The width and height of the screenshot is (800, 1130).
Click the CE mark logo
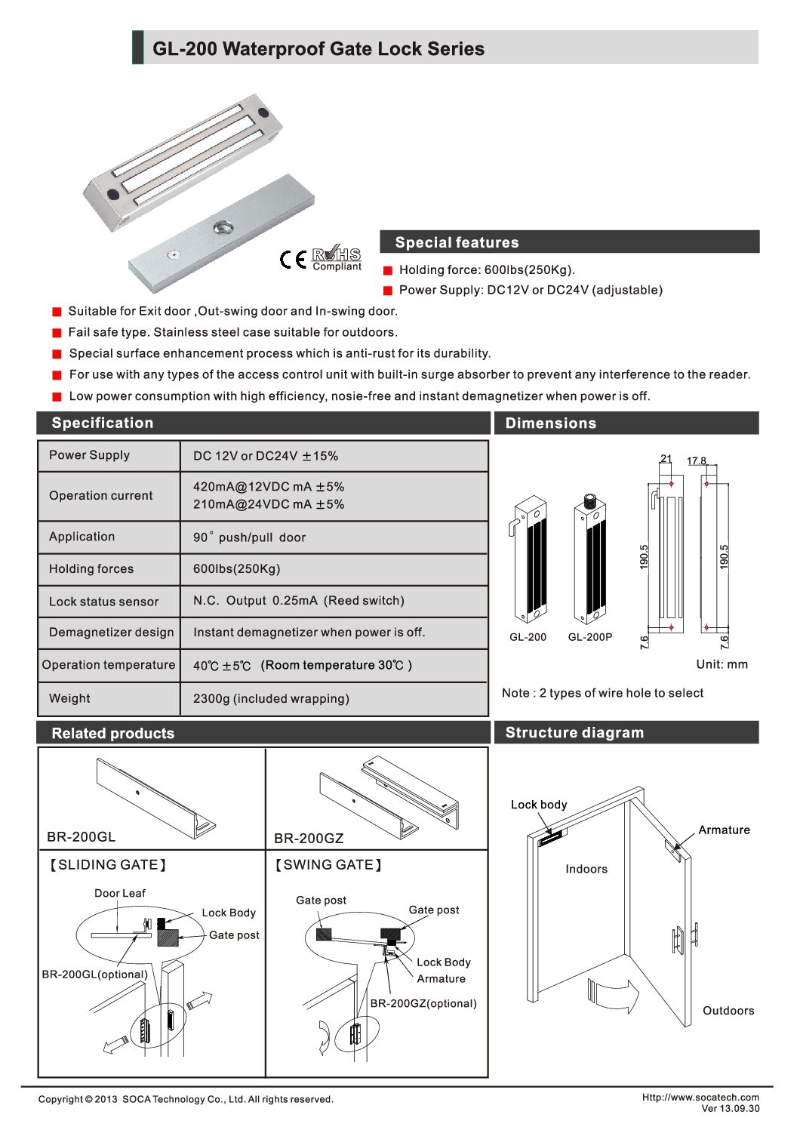click(292, 260)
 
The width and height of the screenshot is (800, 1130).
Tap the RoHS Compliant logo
click(337, 258)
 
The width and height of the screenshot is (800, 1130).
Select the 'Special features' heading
click(457, 242)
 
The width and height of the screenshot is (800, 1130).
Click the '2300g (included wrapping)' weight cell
click(271, 699)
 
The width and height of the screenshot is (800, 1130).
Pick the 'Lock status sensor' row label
click(103, 602)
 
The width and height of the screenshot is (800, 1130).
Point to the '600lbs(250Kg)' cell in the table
click(236, 569)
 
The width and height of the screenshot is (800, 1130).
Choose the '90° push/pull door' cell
click(249, 537)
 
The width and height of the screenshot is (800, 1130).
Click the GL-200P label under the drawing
click(589, 637)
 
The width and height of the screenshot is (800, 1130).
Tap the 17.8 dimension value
click(696, 460)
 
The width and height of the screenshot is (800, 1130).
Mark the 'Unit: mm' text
click(722, 664)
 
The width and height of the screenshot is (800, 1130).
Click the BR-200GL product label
click(81, 837)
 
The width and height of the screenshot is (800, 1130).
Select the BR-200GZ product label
click(309, 839)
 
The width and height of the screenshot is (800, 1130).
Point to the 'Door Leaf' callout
click(119, 893)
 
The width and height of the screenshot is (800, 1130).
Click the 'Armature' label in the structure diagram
click(724, 830)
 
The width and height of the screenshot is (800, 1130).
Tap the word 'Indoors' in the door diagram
click(586, 869)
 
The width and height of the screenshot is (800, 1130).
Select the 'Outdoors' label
click(728, 1011)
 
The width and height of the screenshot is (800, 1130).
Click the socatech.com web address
click(700, 1098)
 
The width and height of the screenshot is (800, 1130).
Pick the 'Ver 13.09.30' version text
click(730, 1109)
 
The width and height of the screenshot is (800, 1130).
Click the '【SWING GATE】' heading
click(328, 865)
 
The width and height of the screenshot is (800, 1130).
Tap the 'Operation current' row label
click(100, 496)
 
